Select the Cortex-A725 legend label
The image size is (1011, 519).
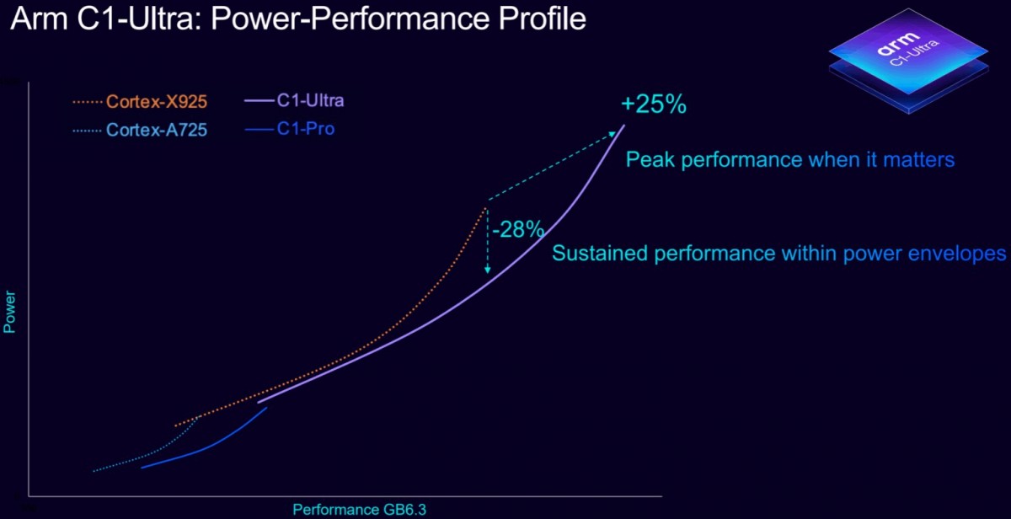click(x=156, y=131)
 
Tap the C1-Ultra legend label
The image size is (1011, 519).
click(x=310, y=101)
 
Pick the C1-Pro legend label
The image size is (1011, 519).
click(x=305, y=130)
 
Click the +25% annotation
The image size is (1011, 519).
click(x=654, y=105)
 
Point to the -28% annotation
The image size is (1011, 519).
click(x=517, y=229)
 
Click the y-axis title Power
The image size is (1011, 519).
click(x=10, y=312)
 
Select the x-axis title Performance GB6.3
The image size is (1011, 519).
click(x=354, y=509)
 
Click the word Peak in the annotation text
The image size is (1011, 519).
click(x=645, y=159)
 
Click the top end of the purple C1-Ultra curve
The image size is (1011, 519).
click(x=624, y=126)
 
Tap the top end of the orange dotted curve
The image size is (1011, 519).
click(x=487, y=206)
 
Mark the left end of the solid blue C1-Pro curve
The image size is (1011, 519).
click(x=141, y=467)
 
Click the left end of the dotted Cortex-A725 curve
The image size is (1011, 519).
click(x=93, y=471)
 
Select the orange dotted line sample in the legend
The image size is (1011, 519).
click(x=88, y=103)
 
